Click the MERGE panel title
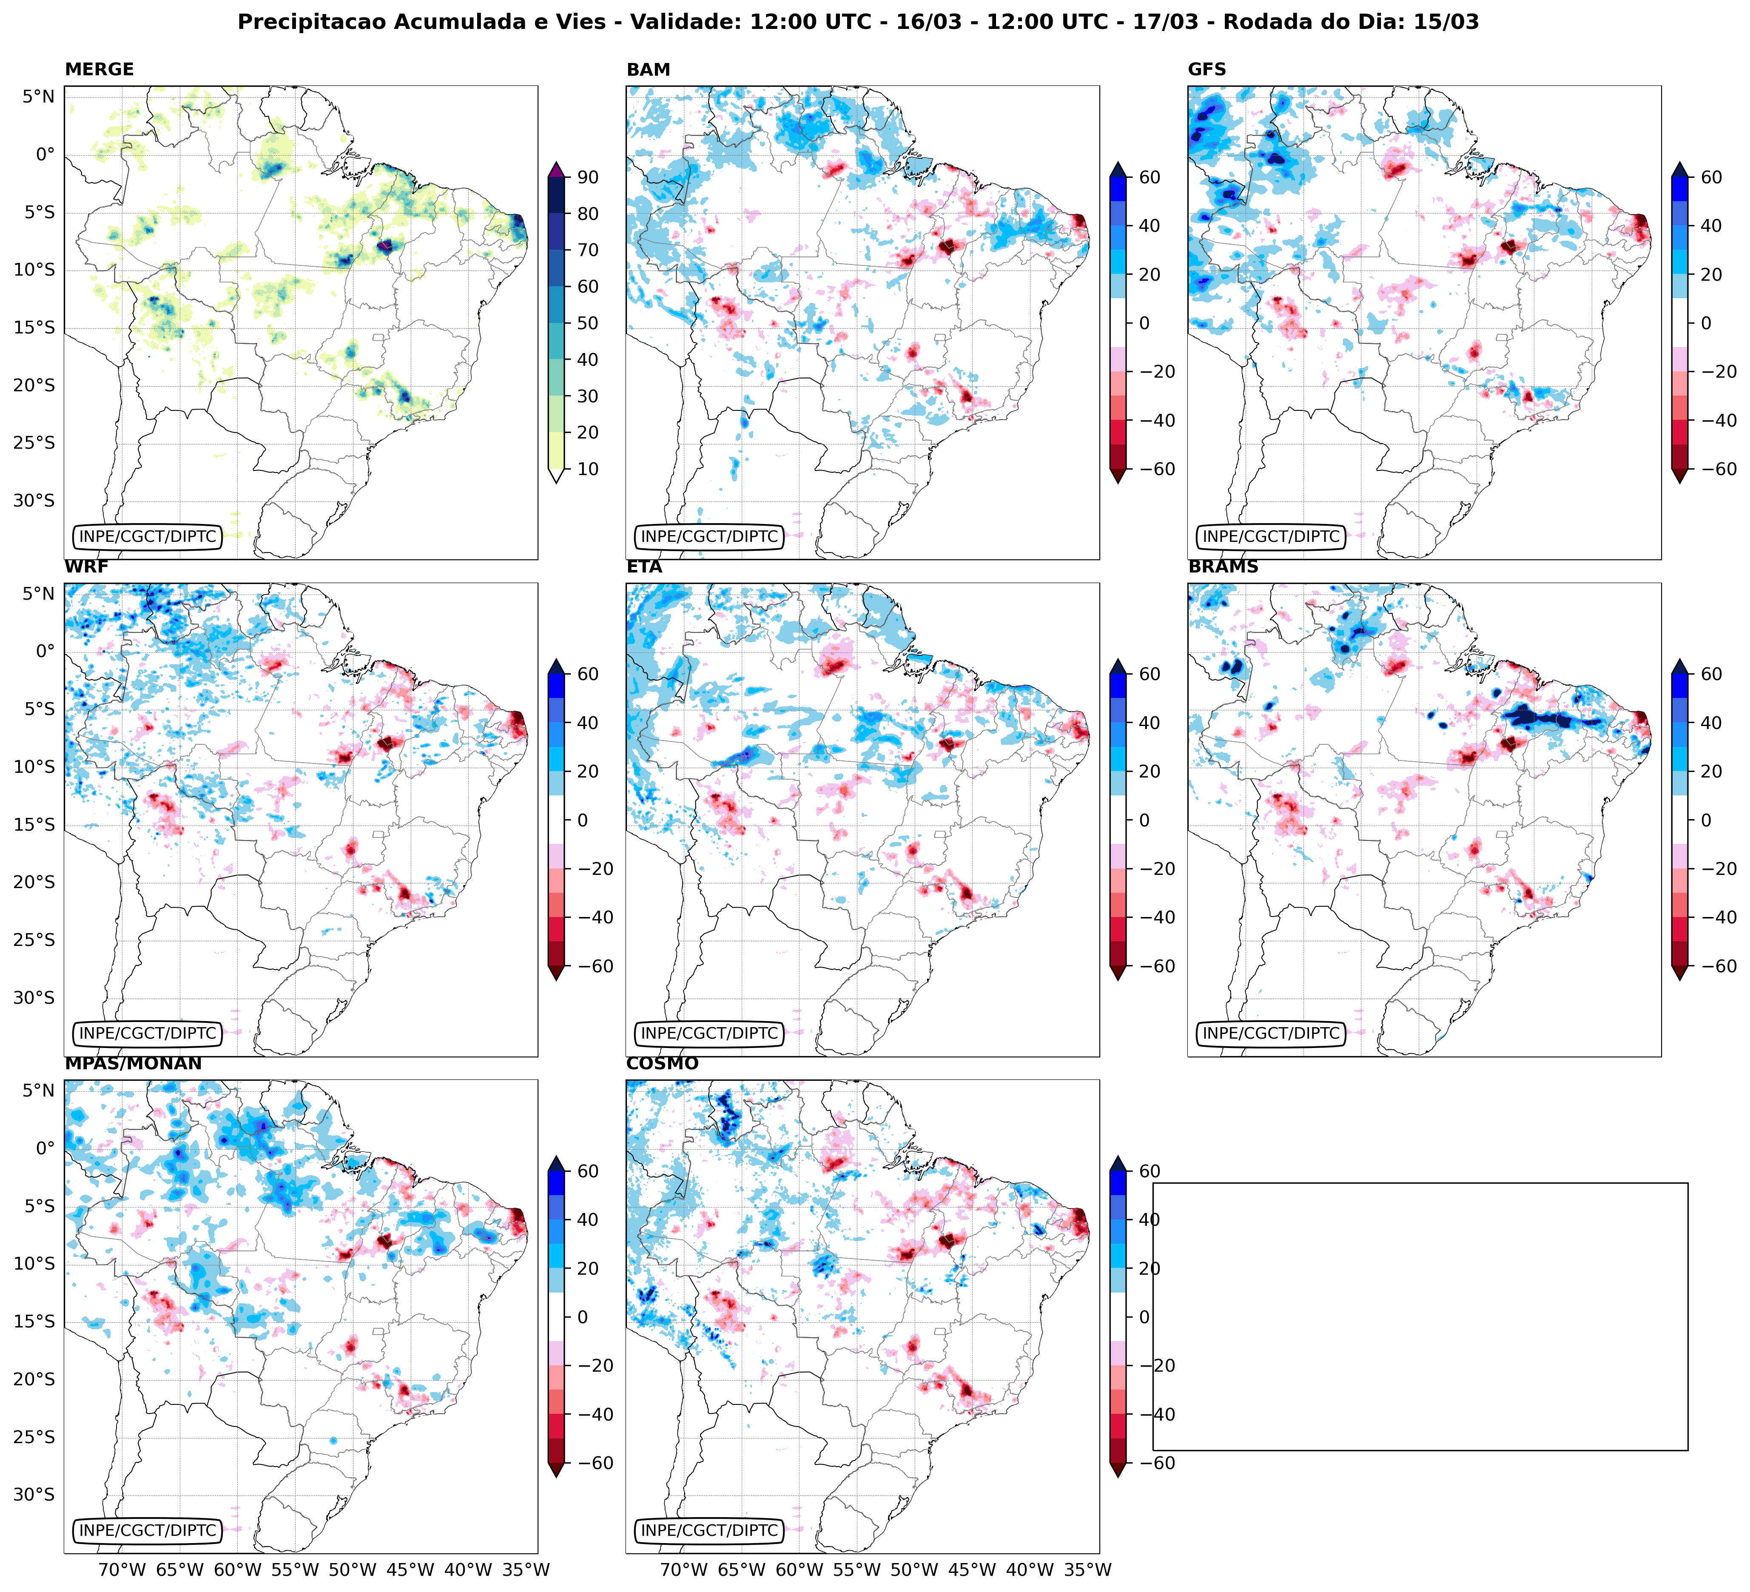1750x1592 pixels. [x=99, y=69]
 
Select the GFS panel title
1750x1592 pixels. [x=1207, y=69]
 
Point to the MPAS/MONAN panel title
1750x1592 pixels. [x=133, y=1063]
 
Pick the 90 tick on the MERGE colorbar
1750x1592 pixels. [x=588, y=177]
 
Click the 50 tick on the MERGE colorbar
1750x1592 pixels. [x=588, y=323]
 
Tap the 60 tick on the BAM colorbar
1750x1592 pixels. [x=1150, y=177]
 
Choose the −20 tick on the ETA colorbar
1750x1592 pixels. [x=1144, y=869]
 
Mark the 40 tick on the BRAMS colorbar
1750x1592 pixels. [x=1711, y=723]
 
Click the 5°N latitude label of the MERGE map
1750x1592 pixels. [x=38, y=97]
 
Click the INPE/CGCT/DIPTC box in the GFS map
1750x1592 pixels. [x=1271, y=536]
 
